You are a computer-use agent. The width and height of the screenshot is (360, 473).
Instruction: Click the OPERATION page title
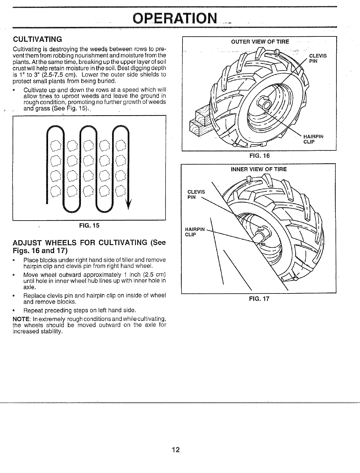point(174,19)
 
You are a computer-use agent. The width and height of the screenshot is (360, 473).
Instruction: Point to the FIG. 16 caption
point(259,156)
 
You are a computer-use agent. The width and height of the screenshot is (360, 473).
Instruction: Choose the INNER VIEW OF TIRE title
point(259,169)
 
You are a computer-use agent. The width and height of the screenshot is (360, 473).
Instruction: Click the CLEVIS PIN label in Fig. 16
point(318,58)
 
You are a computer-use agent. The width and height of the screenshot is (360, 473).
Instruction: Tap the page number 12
point(175,450)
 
